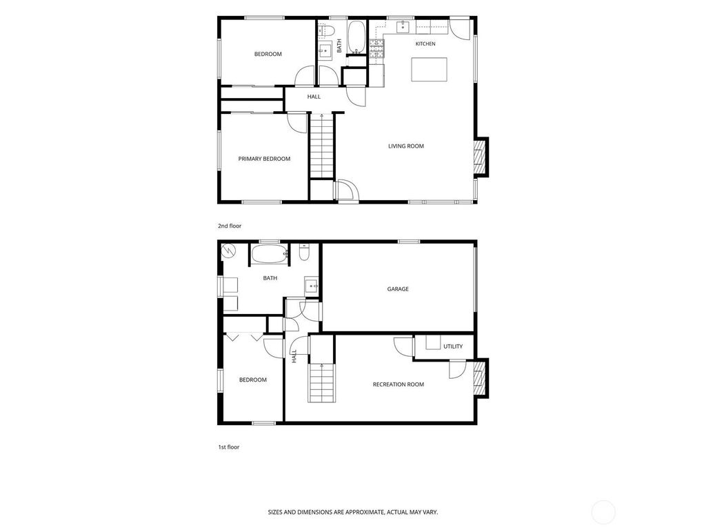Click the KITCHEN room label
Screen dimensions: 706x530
(425, 43)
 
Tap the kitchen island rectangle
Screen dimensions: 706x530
(429, 70)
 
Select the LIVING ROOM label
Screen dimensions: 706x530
(406, 146)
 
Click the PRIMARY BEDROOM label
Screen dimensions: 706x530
(264, 159)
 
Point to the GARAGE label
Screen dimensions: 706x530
(398, 289)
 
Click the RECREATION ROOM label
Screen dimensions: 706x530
(399, 384)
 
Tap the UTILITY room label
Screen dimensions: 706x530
(453, 346)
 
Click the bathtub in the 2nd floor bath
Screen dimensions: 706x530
(357, 37)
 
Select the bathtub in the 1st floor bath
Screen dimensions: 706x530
(270, 254)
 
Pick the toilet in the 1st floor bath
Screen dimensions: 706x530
(304, 252)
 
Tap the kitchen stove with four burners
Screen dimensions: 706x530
(377, 49)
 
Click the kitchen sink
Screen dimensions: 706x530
(403, 27)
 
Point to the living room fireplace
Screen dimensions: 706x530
(481, 157)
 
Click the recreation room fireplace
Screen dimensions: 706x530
(481, 378)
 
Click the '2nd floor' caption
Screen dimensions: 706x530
(230, 226)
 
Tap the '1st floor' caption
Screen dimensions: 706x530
(229, 447)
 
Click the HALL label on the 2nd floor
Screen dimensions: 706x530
(314, 97)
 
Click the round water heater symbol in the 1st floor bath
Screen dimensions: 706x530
(228, 251)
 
